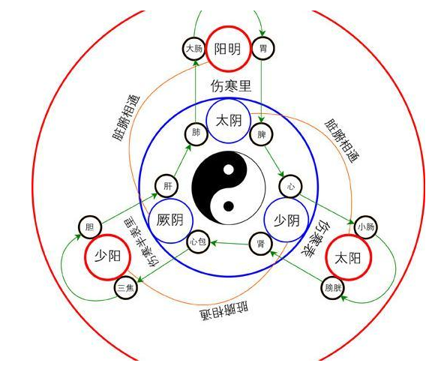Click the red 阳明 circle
(228, 26)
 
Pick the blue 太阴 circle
(229, 99)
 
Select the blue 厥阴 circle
(171, 199)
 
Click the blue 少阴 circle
(286, 198)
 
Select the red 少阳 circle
(107, 235)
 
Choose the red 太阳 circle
(348, 235)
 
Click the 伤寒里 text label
(231, 85)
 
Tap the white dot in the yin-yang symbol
(229, 169)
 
